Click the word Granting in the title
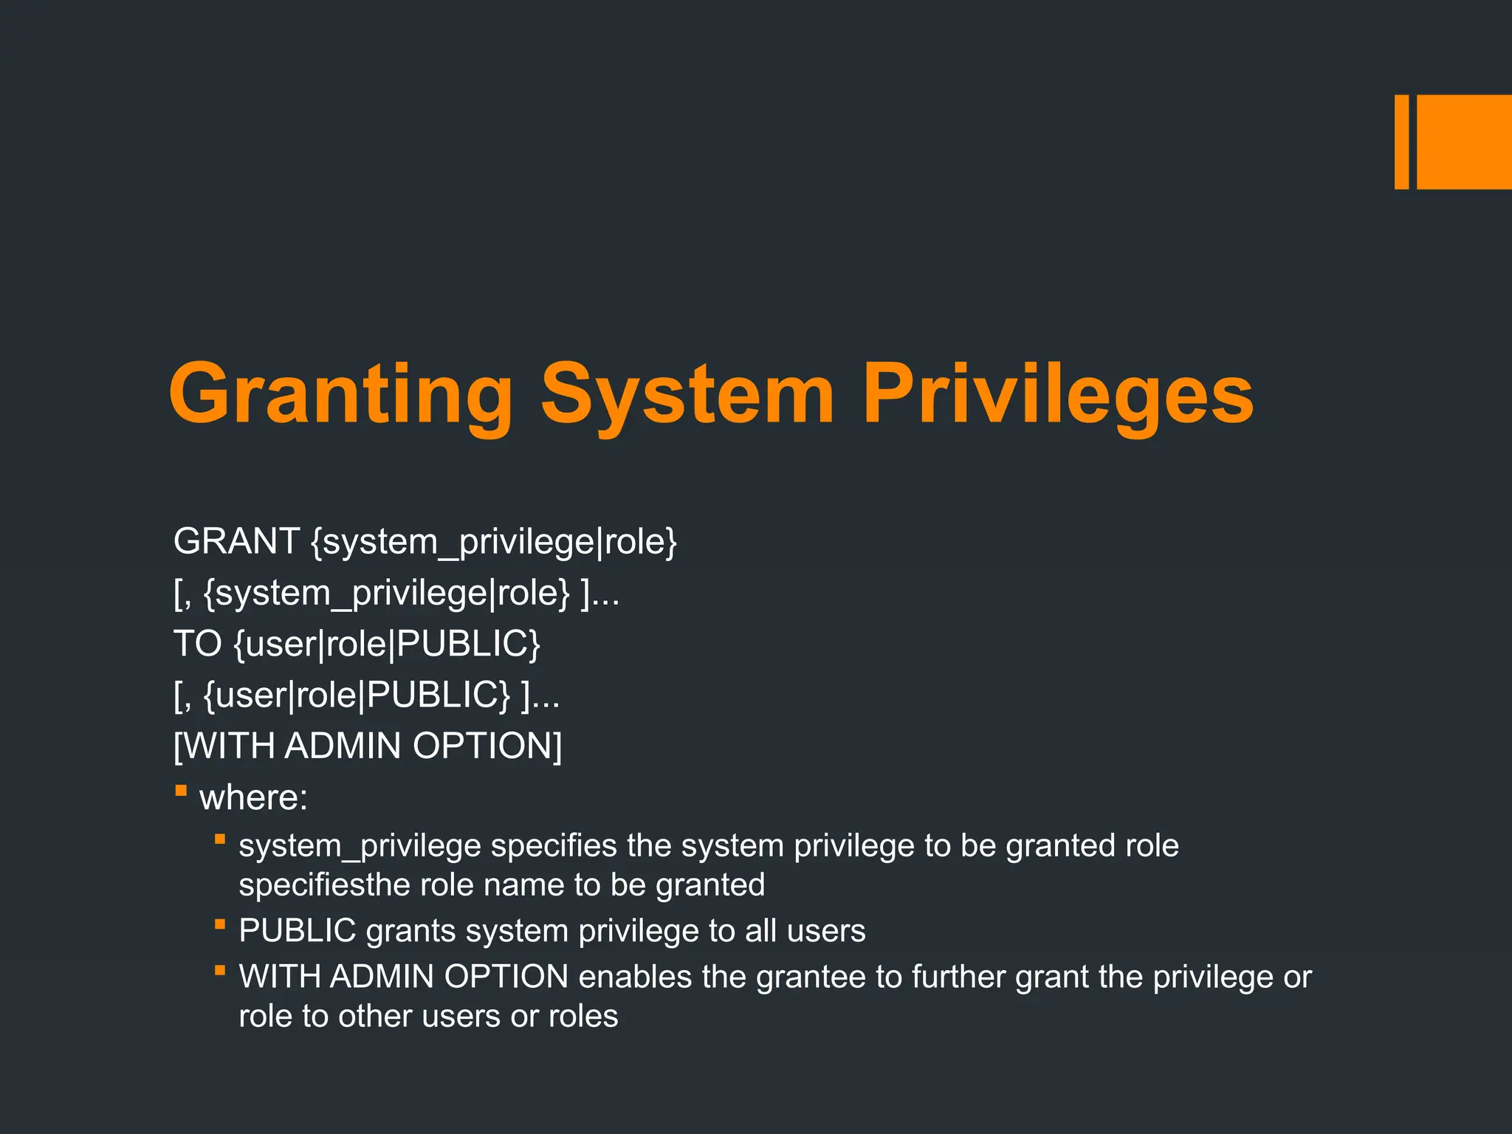click(x=340, y=395)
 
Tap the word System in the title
click(x=687, y=395)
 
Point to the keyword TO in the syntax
click(x=197, y=644)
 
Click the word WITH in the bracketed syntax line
click(x=227, y=746)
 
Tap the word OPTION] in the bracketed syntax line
click(x=487, y=746)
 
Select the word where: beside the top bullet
click(x=253, y=797)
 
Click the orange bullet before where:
click(x=181, y=791)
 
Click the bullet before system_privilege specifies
click(x=219, y=839)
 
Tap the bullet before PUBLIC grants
click(x=219, y=924)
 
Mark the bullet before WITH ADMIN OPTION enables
click(x=219, y=970)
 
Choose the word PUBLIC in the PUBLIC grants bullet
click(x=298, y=930)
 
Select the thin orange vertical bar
click(x=1401, y=142)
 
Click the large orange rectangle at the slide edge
click(x=1464, y=142)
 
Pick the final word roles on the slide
click(x=583, y=1017)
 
